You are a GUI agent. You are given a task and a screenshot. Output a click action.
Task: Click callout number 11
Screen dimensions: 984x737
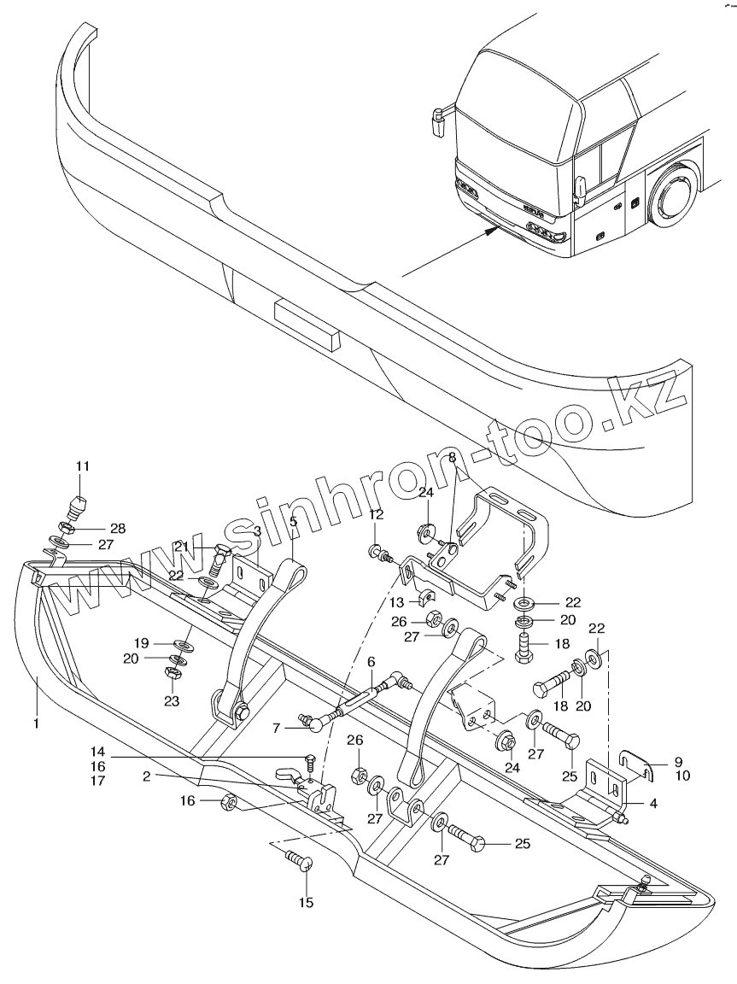click(82, 466)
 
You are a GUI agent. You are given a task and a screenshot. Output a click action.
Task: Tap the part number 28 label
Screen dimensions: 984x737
click(118, 529)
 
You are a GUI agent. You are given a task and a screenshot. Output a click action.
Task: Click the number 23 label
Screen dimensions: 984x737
click(173, 701)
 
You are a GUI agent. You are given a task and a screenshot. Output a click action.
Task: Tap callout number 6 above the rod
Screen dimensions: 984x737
click(371, 662)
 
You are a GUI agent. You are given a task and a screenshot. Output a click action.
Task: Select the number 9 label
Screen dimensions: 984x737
click(679, 761)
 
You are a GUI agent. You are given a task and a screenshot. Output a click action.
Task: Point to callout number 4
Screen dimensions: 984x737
click(652, 803)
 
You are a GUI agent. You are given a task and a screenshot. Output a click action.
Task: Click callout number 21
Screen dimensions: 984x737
click(181, 547)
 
